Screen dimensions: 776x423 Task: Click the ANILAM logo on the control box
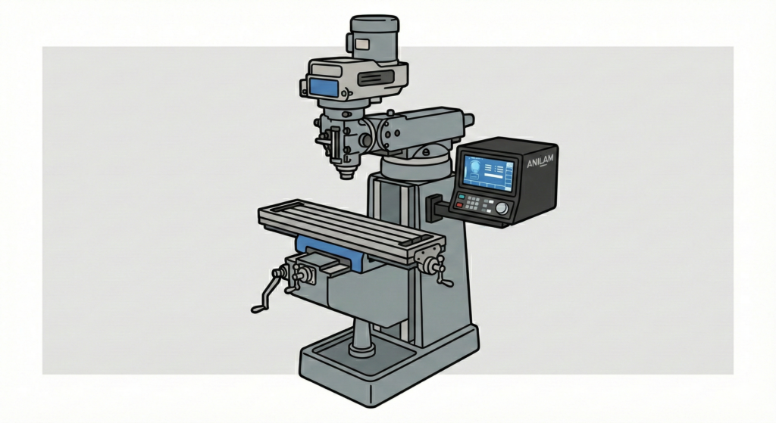tap(540, 161)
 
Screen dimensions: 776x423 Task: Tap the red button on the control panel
tap(459, 204)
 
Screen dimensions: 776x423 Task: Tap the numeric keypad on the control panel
tap(475, 203)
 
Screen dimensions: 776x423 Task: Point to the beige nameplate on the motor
tap(361, 45)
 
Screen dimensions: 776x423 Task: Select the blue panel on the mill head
tap(324, 88)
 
